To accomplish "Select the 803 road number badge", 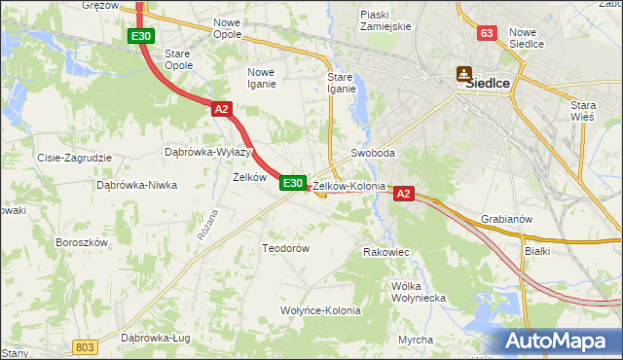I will pos(86,346).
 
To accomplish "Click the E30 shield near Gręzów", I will pos(140,36).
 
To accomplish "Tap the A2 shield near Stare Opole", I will pos(221,109).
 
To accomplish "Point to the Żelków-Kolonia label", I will pos(348,185).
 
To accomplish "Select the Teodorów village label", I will pos(285,248).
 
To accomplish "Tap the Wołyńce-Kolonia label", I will pos(320,311).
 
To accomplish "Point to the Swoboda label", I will pos(373,154).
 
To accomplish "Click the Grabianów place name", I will pos(506,219).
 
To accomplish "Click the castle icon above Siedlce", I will pos(464,71).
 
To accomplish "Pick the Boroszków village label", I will pos(80,241).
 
